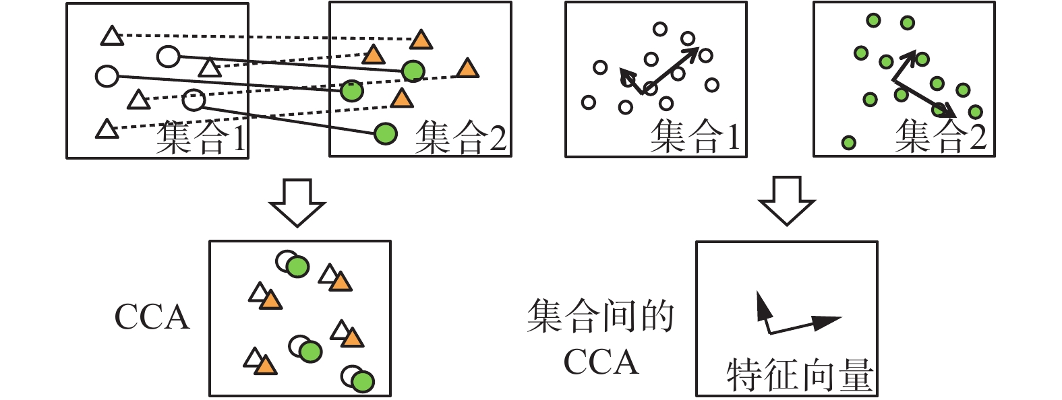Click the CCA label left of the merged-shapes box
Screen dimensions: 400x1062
tap(152, 317)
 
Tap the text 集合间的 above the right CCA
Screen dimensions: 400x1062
tap(600, 316)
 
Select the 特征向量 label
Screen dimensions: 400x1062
tap(800, 375)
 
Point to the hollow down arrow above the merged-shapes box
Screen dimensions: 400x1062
tap(297, 203)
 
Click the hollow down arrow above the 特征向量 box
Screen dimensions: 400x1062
tap(787, 201)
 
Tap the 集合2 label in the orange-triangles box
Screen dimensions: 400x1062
tap(461, 137)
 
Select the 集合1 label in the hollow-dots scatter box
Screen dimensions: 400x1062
tap(695, 136)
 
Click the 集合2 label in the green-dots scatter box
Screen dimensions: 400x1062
tap(941, 136)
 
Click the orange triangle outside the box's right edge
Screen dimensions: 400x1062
tap(467, 69)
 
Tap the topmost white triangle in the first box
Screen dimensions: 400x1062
tap(112, 36)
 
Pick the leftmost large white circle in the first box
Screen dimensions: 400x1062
tap(107, 76)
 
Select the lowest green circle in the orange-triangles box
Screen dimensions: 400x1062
tap(386, 133)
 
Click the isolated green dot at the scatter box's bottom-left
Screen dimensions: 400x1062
tap(849, 143)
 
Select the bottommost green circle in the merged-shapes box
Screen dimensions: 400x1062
tap(363, 382)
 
